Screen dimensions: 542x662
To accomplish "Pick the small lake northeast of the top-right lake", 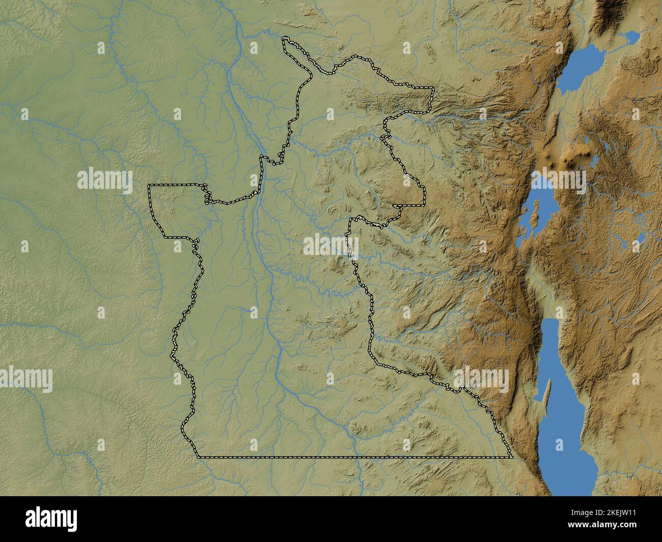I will point(630,39).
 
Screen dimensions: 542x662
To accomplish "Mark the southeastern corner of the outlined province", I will point(511,457).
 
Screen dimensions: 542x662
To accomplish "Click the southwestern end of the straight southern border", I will point(198,457).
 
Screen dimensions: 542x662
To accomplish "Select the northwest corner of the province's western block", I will point(149,186).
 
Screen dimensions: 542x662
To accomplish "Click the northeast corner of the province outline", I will point(432,89).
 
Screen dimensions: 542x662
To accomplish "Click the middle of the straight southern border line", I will point(354,457).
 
